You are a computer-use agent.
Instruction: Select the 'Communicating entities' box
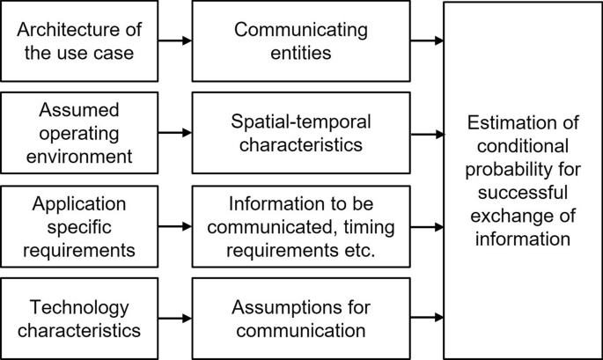click(300, 41)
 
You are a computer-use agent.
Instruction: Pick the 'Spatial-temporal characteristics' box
click(300, 134)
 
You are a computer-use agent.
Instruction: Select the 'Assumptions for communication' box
click(300, 319)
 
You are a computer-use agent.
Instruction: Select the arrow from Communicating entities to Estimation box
click(426, 41)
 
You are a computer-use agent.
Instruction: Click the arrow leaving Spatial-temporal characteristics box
click(426, 134)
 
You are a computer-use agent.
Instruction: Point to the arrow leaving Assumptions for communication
click(426, 319)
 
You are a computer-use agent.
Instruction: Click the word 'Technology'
click(79, 307)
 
